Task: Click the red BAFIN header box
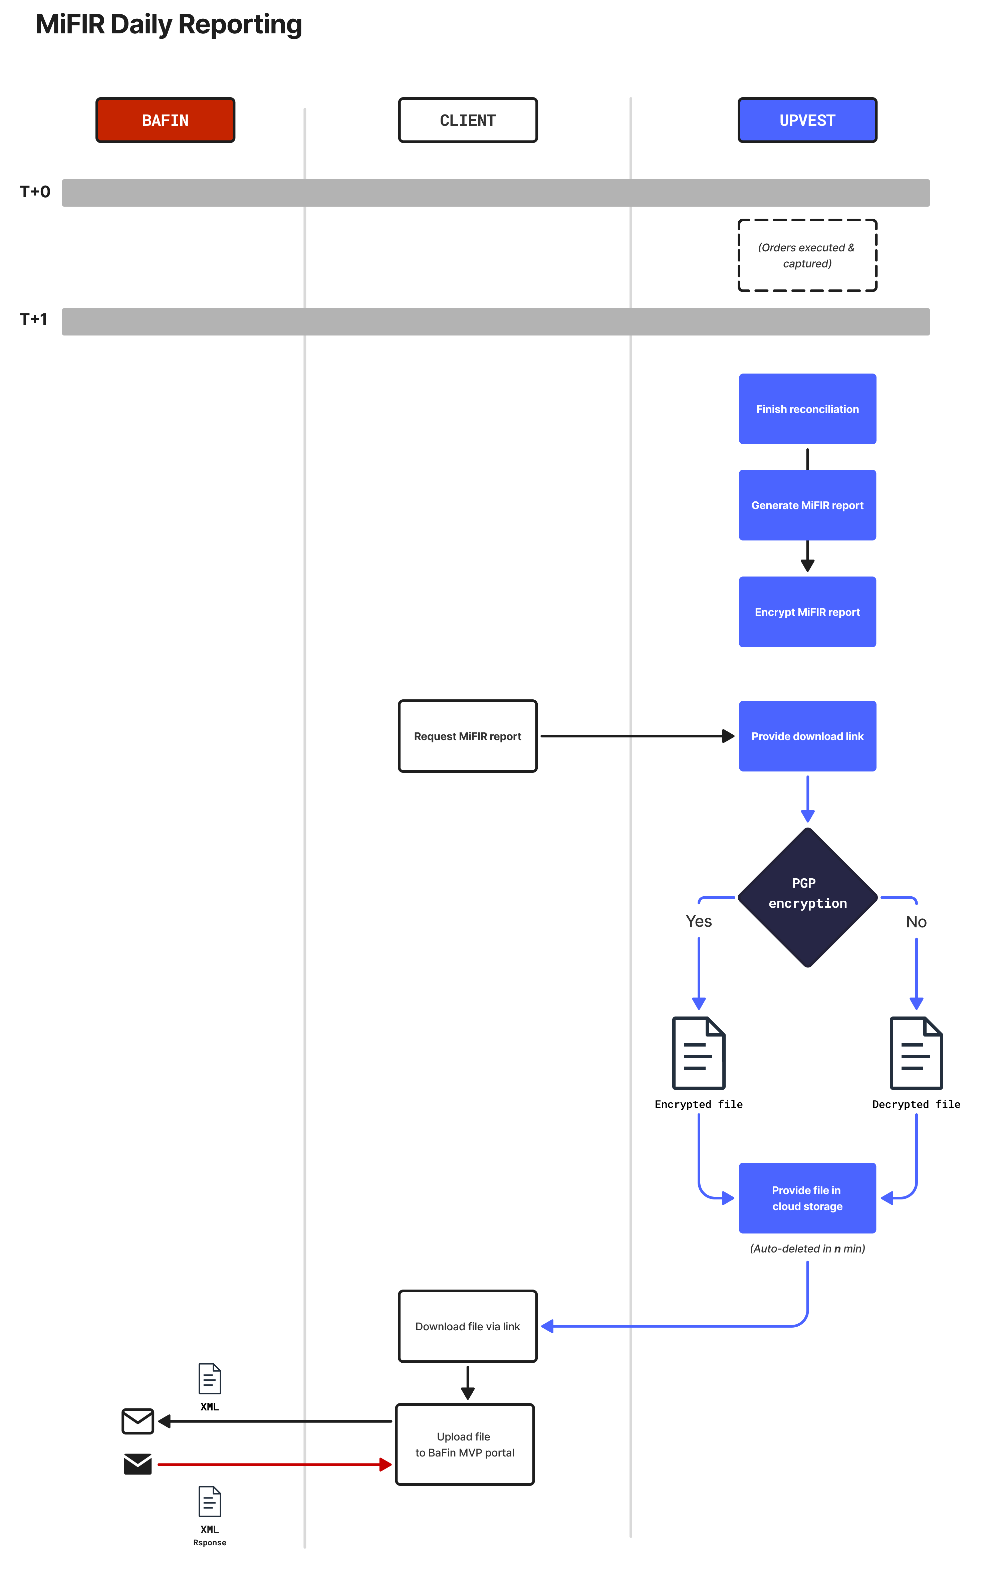pos(165,120)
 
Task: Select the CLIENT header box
pos(468,120)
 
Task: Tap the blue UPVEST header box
pos(807,120)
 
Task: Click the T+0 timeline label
pos(35,192)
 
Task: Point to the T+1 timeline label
pos(33,319)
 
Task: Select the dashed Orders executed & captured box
pos(807,255)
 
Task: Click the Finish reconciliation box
pos(807,409)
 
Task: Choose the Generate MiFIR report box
pos(807,505)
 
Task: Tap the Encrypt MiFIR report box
pos(807,612)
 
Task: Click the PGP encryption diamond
pos(807,897)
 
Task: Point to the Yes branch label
pos(699,921)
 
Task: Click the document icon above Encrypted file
pos(699,1053)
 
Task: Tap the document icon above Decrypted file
pos(916,1053)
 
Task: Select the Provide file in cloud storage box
pos(807,1198)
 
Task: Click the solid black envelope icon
pos(138,1463)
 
